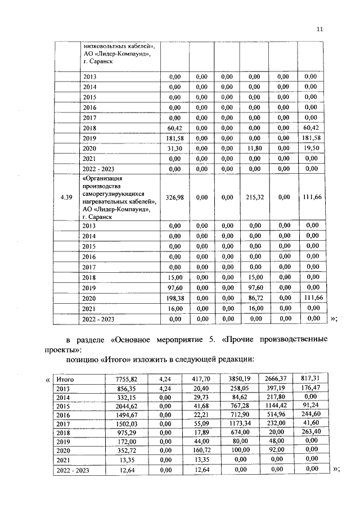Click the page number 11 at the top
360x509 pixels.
pyautogui.click(x=320, y=29)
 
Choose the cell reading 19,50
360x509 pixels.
pyautogui.click(x=310, y=148)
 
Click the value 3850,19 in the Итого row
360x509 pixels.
pyautogui.click(x=242, y=379)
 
